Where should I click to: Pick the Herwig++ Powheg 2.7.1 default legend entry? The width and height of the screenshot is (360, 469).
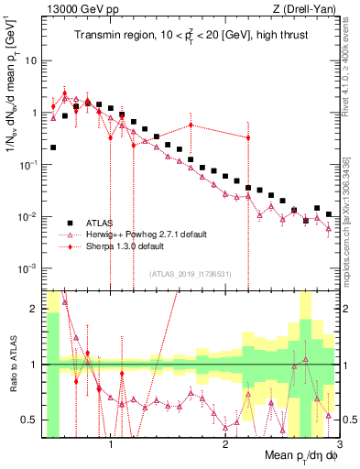[x=138, y=234]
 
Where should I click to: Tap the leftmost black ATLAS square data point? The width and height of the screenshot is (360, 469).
[x=53, y=147]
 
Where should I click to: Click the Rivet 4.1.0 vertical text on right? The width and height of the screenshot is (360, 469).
[x=350, y=64]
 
